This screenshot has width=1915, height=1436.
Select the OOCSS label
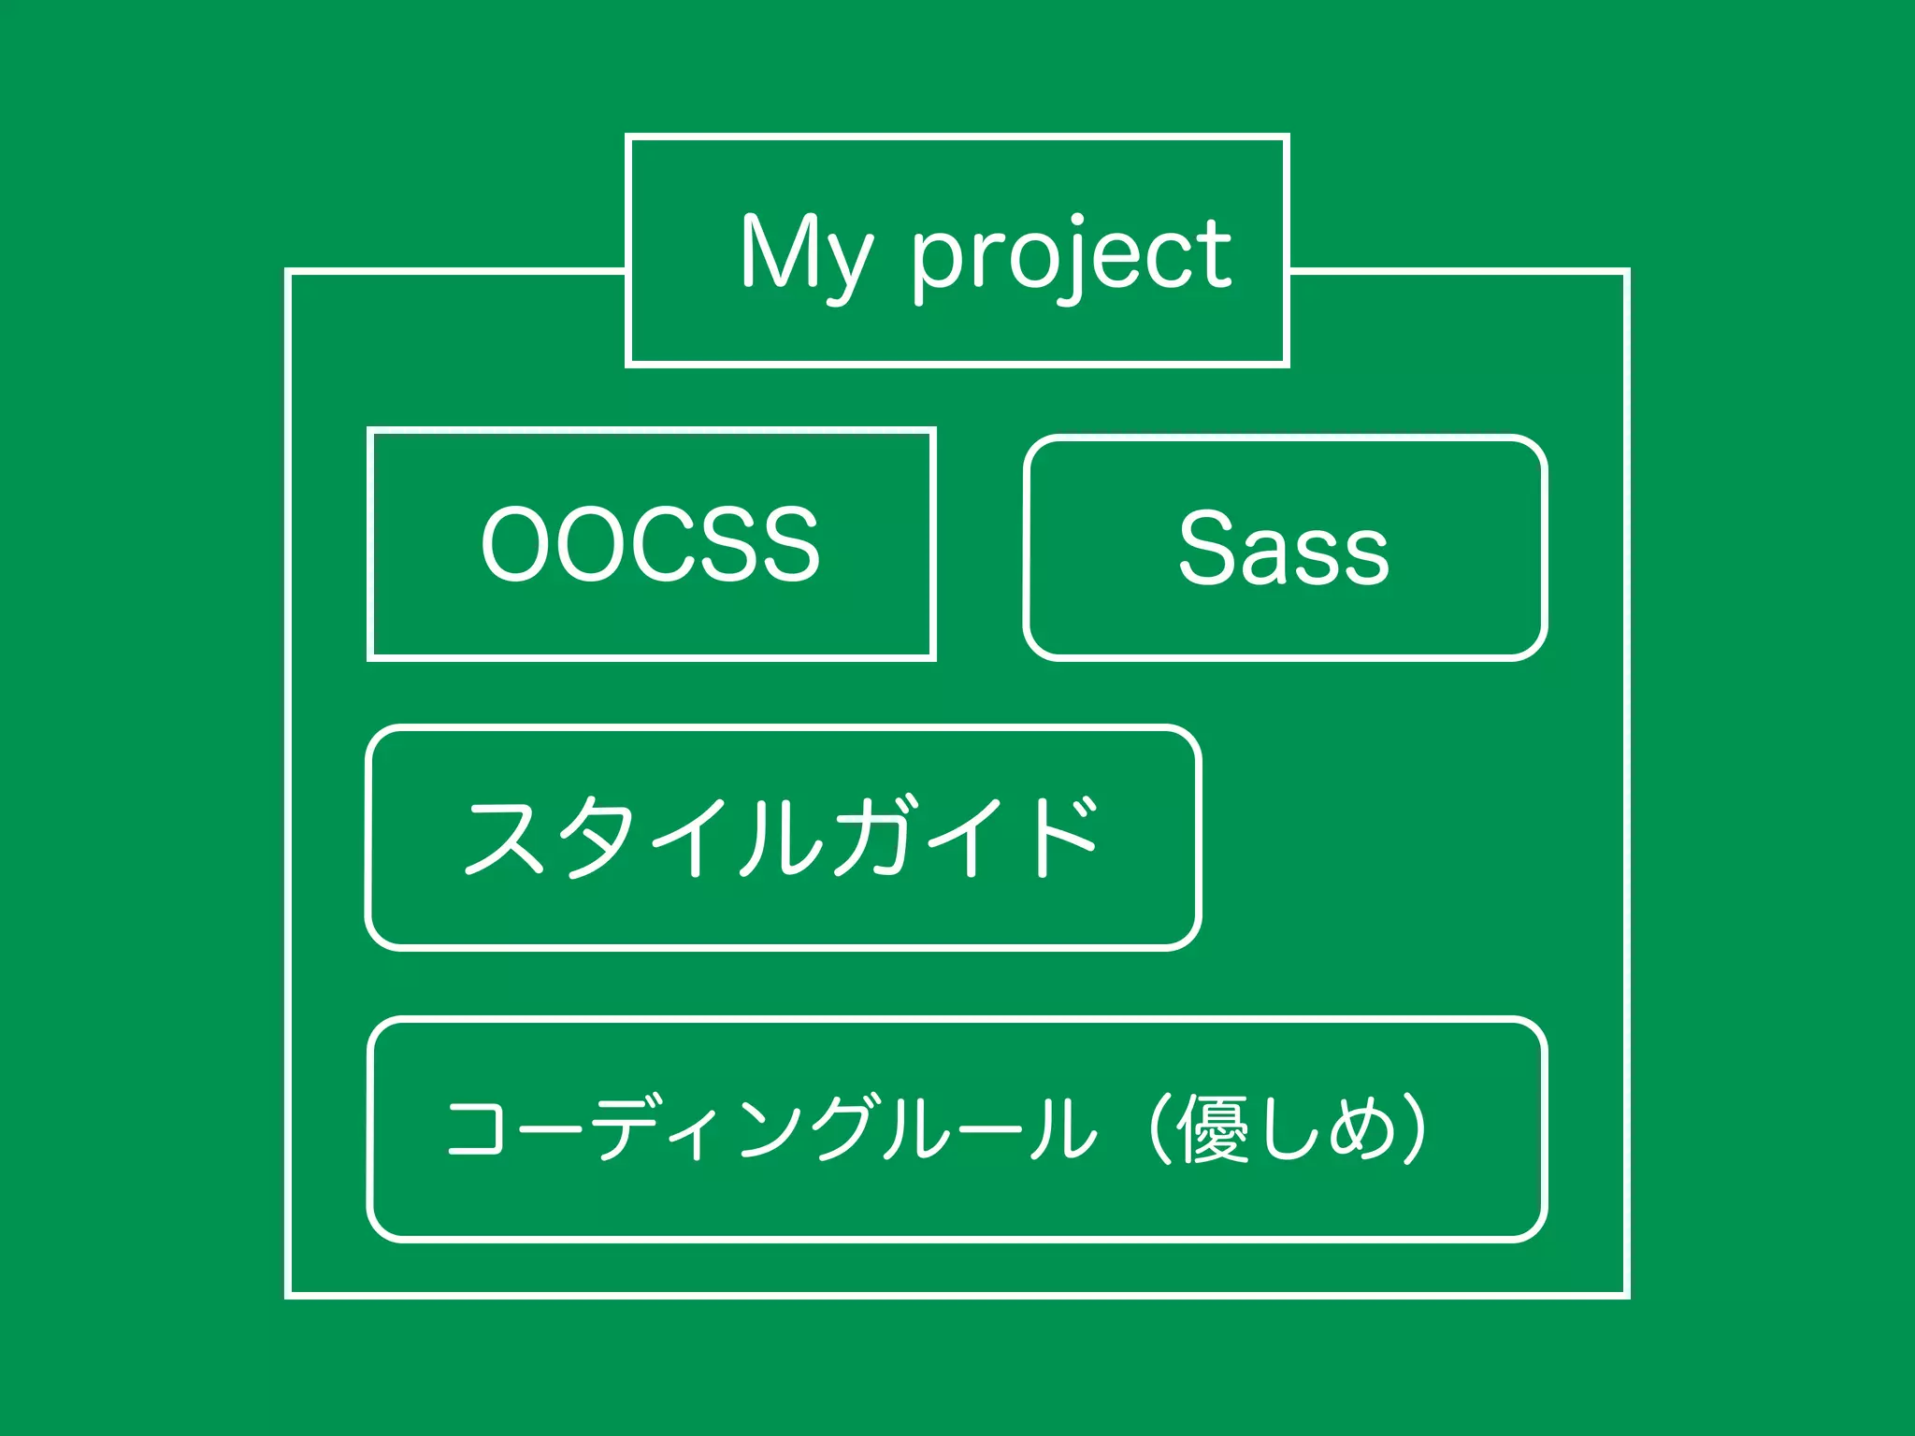[x=650, y=544]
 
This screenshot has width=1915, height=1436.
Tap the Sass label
[x=1284, y=548]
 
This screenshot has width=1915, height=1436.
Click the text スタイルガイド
[x=782, y=837]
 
